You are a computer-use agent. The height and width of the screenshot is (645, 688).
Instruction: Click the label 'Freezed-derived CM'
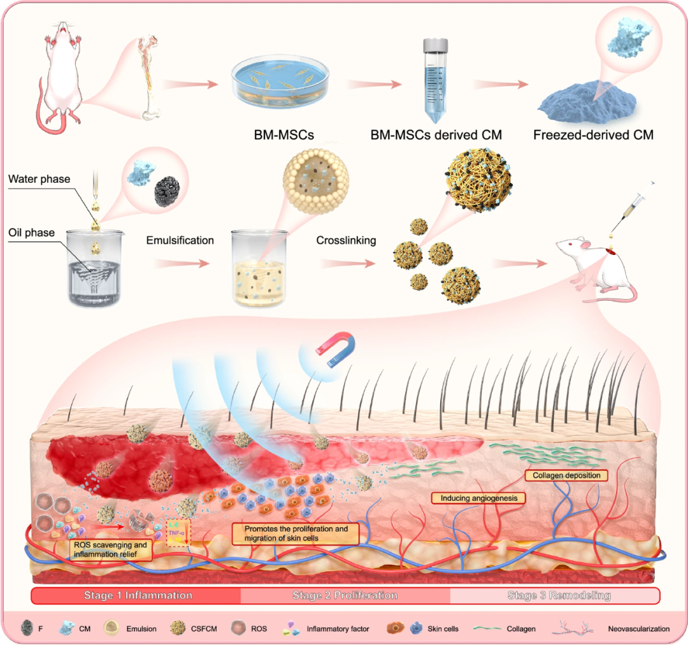coord(585,135)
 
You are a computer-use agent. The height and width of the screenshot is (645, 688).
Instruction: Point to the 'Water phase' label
coord(39,178)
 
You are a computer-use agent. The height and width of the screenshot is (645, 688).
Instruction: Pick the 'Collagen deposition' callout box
coord(565,475)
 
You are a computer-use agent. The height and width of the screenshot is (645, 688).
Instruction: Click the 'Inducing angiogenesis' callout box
coord(478,498)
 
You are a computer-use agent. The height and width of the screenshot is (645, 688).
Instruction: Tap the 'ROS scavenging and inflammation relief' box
coord(111,549)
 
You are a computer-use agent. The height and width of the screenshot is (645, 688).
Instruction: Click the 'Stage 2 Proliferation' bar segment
coord(345,595)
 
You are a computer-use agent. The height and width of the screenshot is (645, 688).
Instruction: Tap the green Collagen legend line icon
coord(492,628)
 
